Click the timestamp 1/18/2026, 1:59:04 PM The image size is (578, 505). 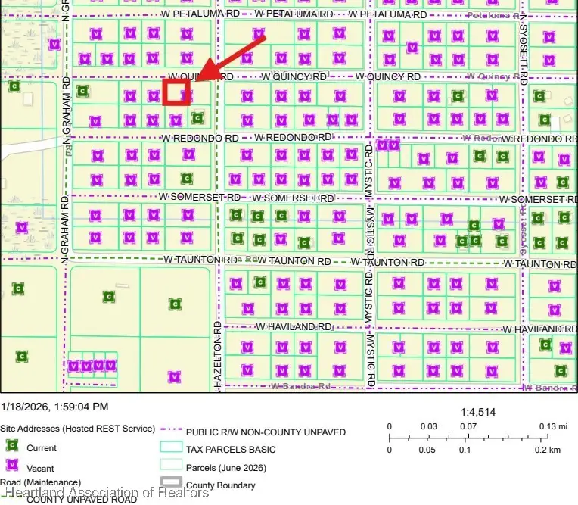[54, 407]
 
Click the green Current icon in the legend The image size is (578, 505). [11, 447]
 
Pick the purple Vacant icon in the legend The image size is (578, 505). [11, 466]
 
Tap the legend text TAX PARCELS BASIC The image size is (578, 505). [231, 450]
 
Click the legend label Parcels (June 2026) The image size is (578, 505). [224, 467]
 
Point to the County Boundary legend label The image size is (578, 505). [221, 485]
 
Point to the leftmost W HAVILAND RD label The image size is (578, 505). [294, 326]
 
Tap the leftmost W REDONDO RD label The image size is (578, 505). [200, 138]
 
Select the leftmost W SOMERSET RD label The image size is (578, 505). [199, 195]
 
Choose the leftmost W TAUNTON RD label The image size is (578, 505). [200, 259]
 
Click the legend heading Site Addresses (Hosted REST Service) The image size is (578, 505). [77, 429]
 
